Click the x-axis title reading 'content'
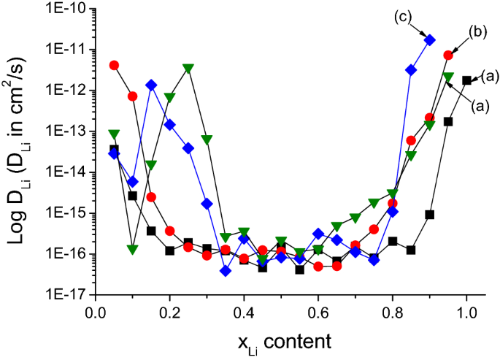[299, 340]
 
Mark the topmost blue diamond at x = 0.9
[430, 40]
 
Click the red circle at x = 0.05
[114, 65]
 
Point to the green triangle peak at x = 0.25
[188, 69]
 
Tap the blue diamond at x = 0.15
[151, 85]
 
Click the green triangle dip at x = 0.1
[133, 250]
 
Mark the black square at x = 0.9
[430, 215]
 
